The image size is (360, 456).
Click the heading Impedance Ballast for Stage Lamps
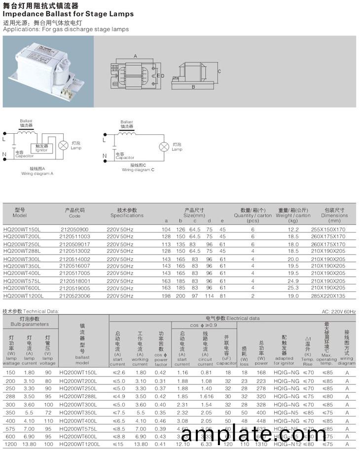click(x=68, y=14)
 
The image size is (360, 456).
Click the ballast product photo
click(x=48, y=72)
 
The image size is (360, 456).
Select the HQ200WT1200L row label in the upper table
click(x=23, y=296)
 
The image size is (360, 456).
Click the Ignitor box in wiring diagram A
click(x=42, y=148)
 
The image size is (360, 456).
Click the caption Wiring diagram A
click(x=37, y=174)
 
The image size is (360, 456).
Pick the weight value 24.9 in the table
click(x=293, y=280)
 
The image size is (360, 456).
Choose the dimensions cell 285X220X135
click(x=328, y=296)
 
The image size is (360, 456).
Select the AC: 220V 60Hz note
click(x=338, y=311)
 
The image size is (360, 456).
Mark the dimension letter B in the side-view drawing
click(x=193, y=87)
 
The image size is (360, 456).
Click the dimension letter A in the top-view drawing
click(x=135, y=56)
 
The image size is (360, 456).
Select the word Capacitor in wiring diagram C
click(x=125, y=157)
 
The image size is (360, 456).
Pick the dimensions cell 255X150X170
click(x=328, y=229)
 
